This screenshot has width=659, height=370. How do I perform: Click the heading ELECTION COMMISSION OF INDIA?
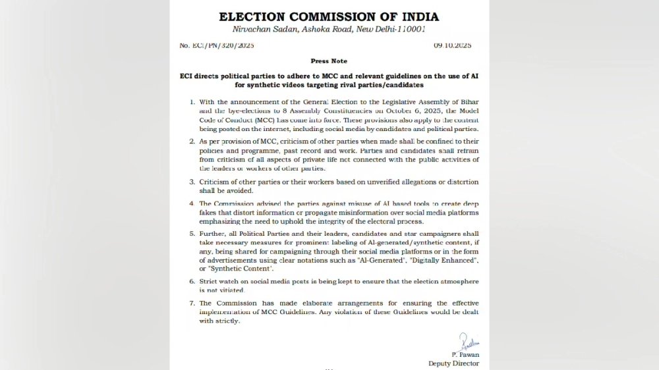[329, 16]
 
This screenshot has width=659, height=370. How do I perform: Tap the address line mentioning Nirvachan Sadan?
[329, 30]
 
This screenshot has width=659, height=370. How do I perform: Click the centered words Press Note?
[329, 61]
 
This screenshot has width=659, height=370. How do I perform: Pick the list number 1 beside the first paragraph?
[192, 102]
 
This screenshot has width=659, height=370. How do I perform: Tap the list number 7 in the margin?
[192, 304]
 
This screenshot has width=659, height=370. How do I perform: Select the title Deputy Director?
[453, 363]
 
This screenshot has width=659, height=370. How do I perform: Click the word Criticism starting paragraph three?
[217, 181]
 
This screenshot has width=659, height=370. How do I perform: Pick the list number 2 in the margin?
[192, 142]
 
